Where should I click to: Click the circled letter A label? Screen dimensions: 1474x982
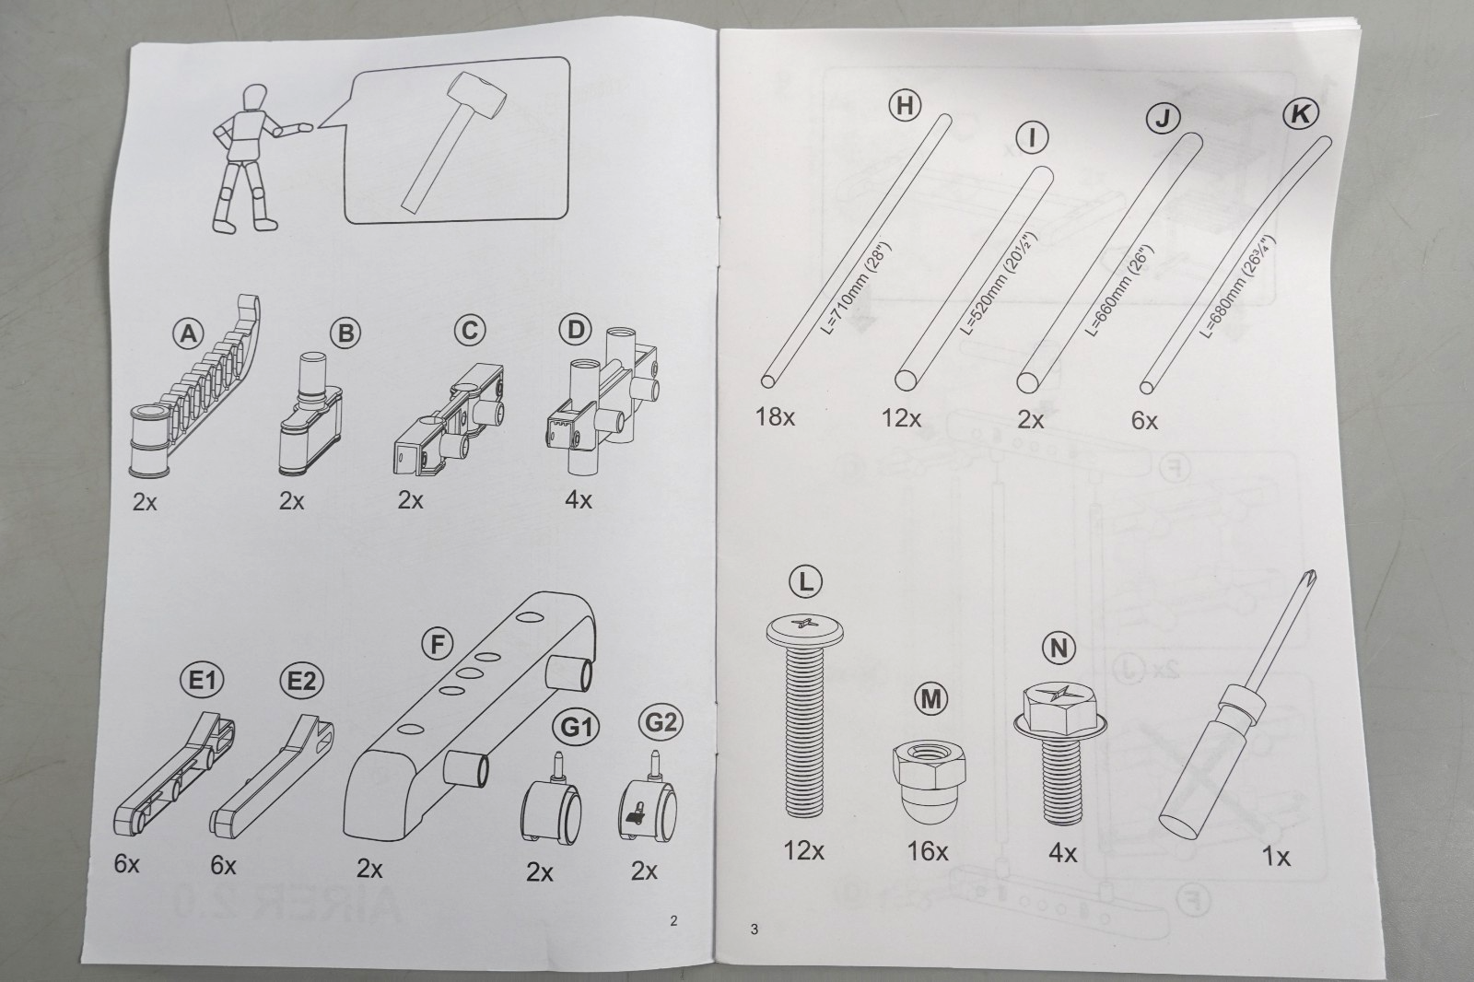189,334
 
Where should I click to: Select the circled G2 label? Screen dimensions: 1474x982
661,722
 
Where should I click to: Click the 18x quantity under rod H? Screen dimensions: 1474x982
775,416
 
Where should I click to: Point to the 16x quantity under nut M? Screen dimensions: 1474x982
927,851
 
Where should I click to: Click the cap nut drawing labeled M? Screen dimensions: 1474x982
930,781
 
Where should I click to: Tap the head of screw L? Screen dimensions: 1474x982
805,630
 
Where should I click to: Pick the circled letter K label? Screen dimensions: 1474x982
1300,114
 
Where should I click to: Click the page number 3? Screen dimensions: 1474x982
755,929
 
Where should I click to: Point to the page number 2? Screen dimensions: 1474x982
673,921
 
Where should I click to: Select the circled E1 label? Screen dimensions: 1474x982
202,681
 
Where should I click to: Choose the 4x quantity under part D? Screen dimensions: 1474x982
579,500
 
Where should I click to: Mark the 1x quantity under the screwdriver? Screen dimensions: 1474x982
1276,857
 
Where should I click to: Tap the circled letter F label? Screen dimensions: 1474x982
438,644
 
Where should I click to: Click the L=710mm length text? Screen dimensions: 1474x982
856,288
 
